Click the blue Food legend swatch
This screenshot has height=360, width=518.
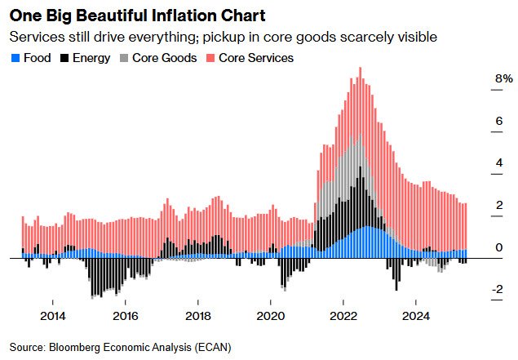(x=14, y=58)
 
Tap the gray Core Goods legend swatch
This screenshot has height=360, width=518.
(x=123, y=58)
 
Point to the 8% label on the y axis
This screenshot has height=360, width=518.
(x=503, y=79)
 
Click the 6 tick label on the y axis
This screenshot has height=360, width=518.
(x=499, y=121)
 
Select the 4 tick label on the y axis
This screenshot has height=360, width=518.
(x=499, y=163)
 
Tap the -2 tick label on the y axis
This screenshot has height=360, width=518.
(x=497, y=290)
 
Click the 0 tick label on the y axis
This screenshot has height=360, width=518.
(x=499, y=247)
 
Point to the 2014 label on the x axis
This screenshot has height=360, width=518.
(x=52, y=316)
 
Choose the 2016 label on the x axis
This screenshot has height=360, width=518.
(x=125, y=316)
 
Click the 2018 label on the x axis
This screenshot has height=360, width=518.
(x=198, y=316)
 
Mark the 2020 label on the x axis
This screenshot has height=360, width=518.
(x=271, y=316)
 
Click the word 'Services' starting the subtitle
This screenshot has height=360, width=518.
(x=32, y=38)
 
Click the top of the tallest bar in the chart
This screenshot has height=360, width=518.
(x=360, y=80)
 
